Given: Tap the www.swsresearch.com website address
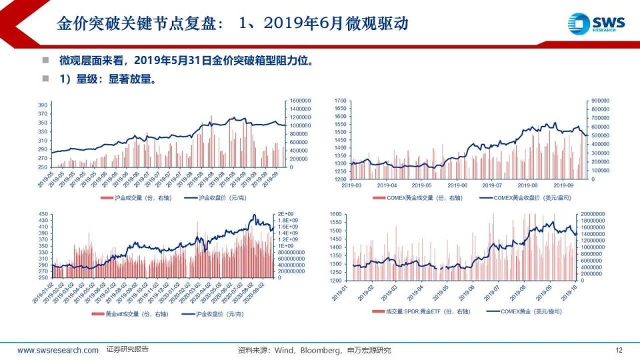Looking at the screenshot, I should click(x=58, y=350).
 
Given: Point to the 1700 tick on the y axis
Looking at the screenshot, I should click(x=340, y=100).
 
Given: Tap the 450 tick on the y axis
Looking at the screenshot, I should click(x=43, y=215).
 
